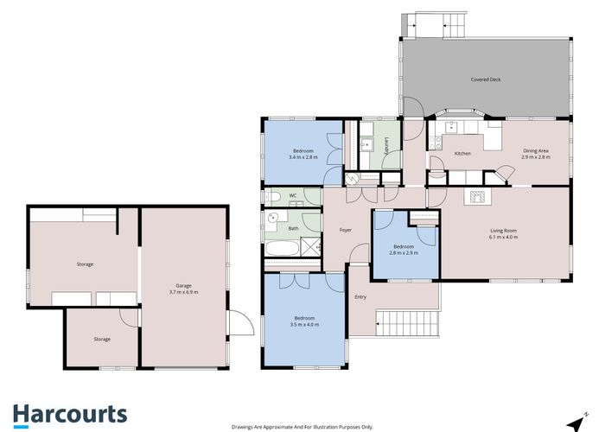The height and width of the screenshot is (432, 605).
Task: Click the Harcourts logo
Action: click(69, 414)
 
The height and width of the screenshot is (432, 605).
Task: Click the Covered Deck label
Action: click(485, 79)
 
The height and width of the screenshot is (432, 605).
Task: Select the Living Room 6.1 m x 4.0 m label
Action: click(504, 233)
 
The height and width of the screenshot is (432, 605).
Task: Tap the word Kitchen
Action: click(462, 154)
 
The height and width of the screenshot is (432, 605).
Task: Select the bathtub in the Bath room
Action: click(281, 251)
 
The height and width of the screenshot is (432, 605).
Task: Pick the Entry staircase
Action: click(407, 326)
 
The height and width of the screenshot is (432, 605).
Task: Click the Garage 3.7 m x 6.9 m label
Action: click(183, 289)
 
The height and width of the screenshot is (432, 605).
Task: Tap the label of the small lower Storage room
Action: click(102, 339)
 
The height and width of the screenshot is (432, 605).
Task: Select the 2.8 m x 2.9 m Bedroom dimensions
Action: click(404, 253)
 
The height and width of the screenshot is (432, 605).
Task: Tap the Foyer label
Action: click(345, 230)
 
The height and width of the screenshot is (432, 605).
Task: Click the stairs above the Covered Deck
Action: click(441, 25)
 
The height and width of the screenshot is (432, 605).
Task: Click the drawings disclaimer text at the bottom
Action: click(302, 427)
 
